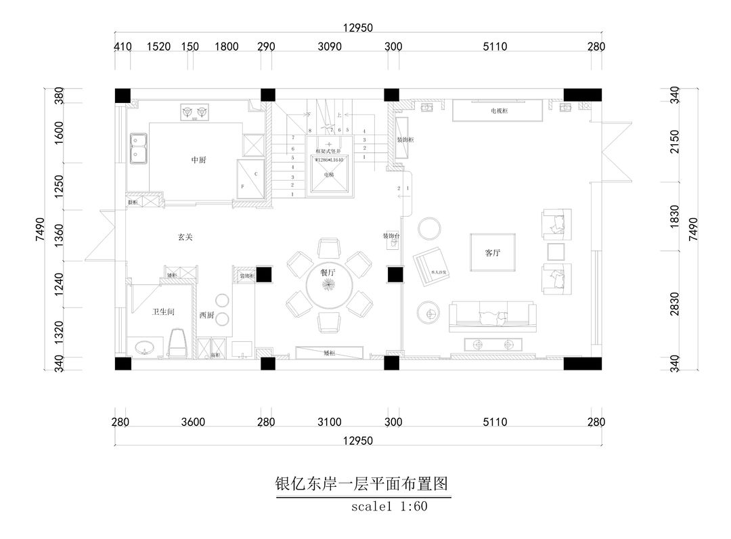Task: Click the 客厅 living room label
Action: tap(492, 253)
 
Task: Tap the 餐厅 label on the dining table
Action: tap(328, 272)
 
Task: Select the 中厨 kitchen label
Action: tap(199, 160)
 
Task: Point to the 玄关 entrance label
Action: tap(185, 237)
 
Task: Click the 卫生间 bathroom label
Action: tap(164, 311)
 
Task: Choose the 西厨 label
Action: tap(206, 315)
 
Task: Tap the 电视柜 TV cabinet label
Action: tap(498, 110)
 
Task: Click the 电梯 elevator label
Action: tap(329, 175)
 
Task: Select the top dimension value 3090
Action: tap(330, 47)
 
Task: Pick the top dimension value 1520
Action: tap(158, 47)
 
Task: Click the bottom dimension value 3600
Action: tap(193, 423)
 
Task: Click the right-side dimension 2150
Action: tap(674, 142)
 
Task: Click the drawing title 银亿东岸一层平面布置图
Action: tap(362, 485)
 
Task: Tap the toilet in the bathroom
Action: tap(177, 343)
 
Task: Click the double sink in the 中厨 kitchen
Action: tap(140, 149)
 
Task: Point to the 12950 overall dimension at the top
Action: tap(359, 28)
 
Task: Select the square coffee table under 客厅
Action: tap(493, 253)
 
